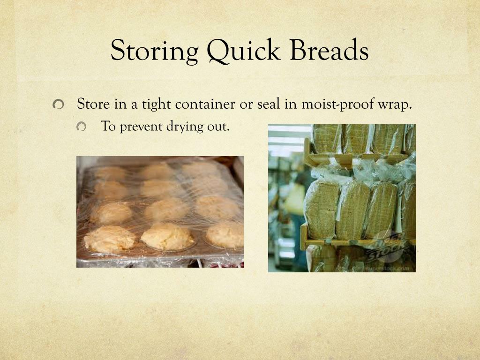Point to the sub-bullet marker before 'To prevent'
click(x=82, y=127)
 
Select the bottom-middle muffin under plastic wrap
click(x=167, y=236)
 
